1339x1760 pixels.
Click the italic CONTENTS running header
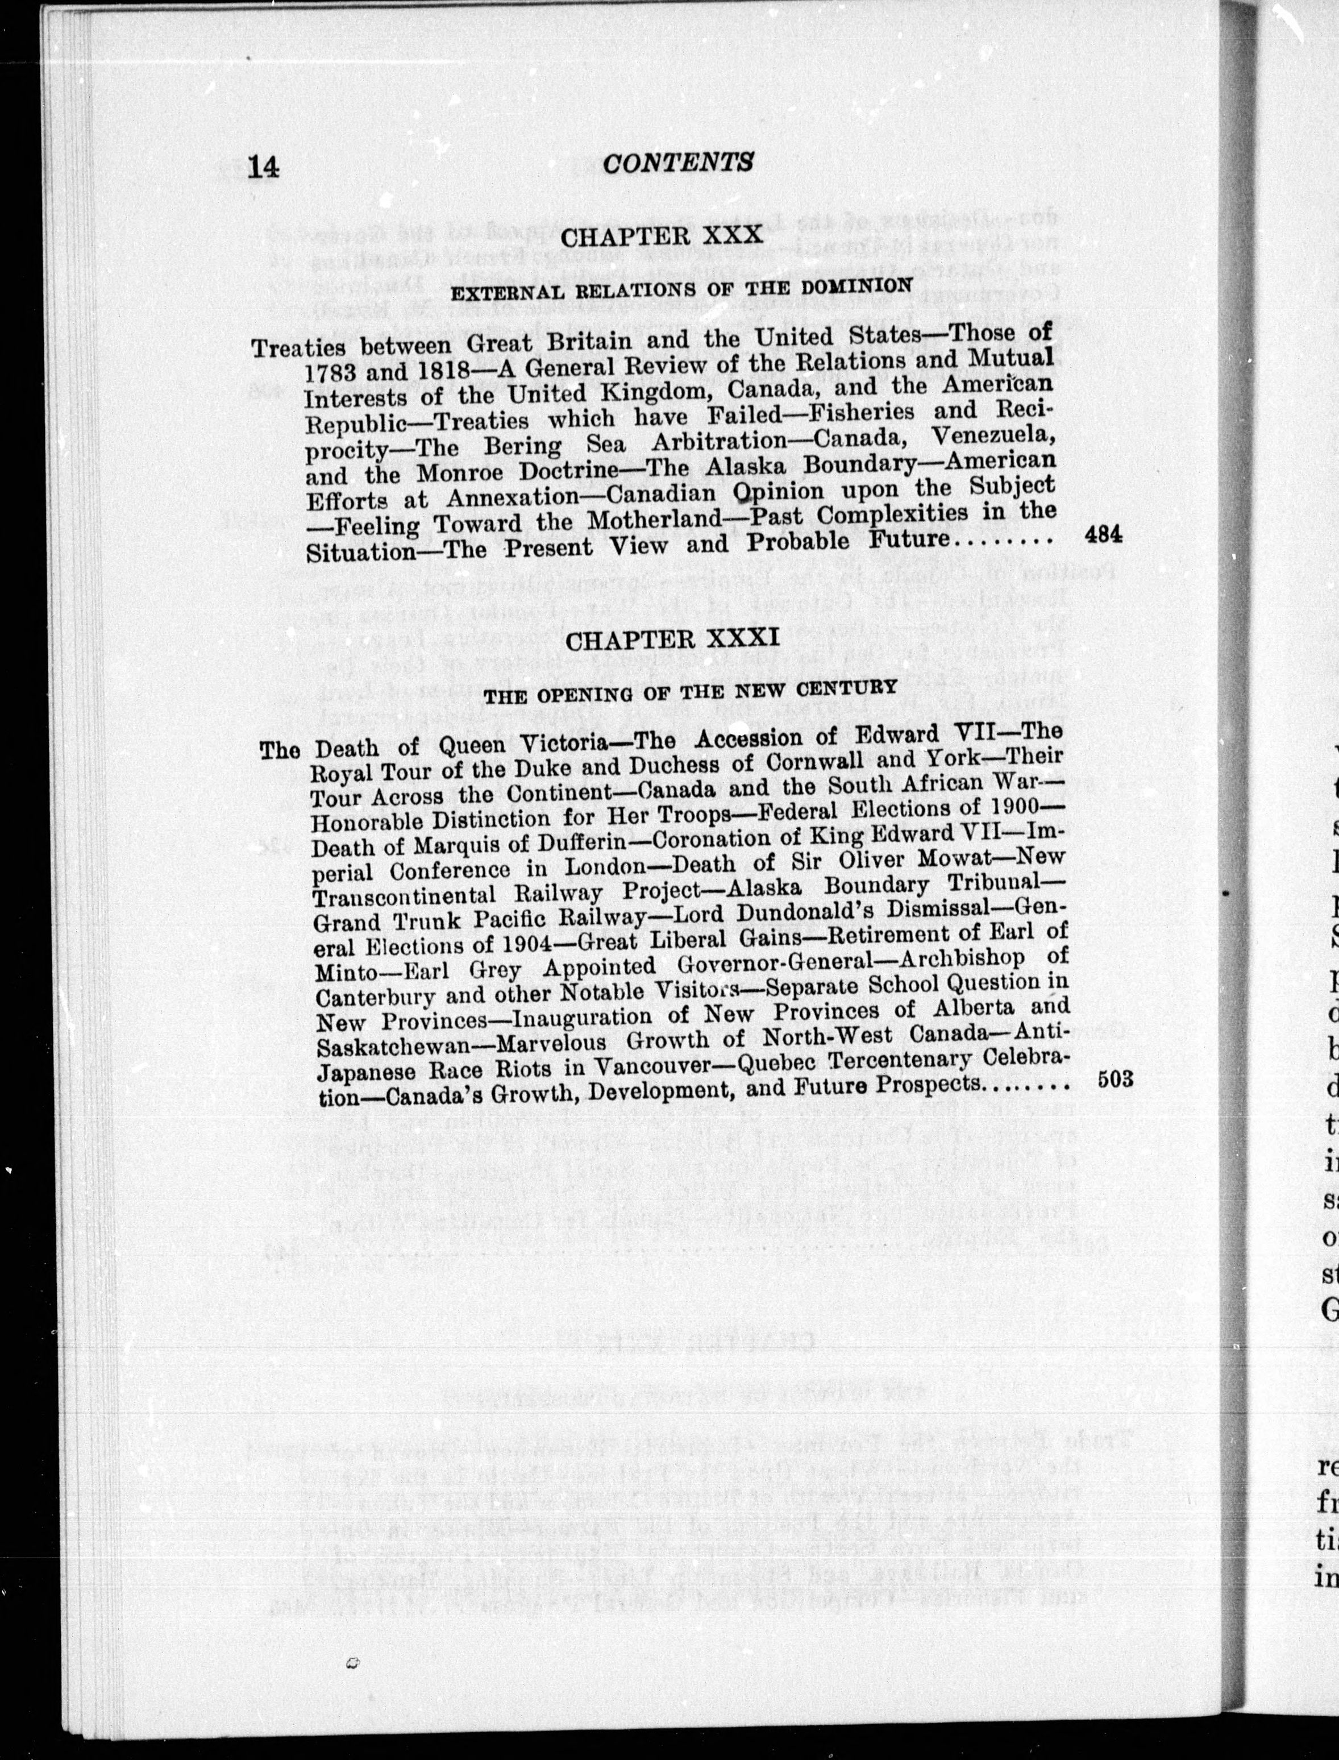click(x=677, y=163)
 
